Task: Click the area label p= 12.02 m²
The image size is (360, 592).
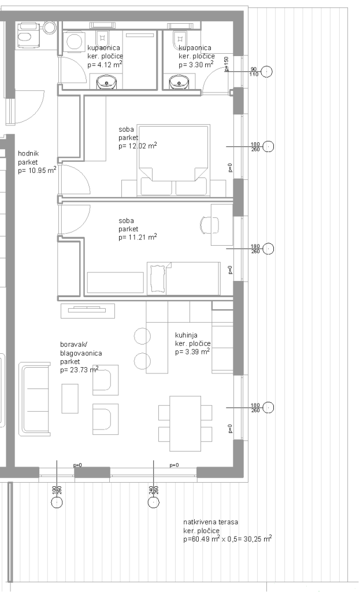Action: [x=138, y=146]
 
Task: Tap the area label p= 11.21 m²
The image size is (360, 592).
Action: [x=138, y=237]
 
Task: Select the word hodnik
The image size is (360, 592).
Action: [x=28, y=154]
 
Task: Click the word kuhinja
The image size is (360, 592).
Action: [x=186, y=335]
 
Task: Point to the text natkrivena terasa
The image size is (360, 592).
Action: [x=210, y=522]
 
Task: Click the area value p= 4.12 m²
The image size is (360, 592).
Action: [x=105, y=65]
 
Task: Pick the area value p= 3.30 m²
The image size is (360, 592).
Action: [x=196, y=65]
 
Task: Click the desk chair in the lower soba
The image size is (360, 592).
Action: [x=209, y=225]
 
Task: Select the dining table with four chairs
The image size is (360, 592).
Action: [x=185, y=423]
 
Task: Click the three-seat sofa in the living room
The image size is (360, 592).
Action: [x=35, y=399]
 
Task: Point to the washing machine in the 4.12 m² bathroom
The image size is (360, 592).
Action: [x=75, y=42]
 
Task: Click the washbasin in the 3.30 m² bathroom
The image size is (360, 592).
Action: [x=177, y=82]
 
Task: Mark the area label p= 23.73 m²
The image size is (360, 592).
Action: [x=79, y=369]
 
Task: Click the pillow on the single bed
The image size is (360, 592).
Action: [x=158, y=279]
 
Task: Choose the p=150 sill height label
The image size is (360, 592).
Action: [x=227, y=64]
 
